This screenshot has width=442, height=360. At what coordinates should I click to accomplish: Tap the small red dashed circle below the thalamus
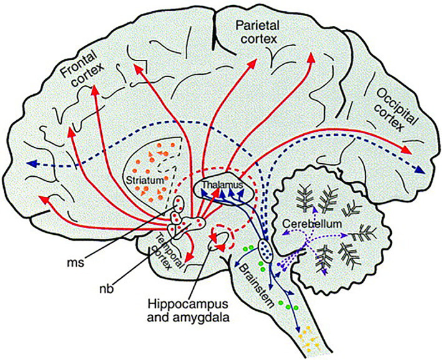click(x=221, y=236)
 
